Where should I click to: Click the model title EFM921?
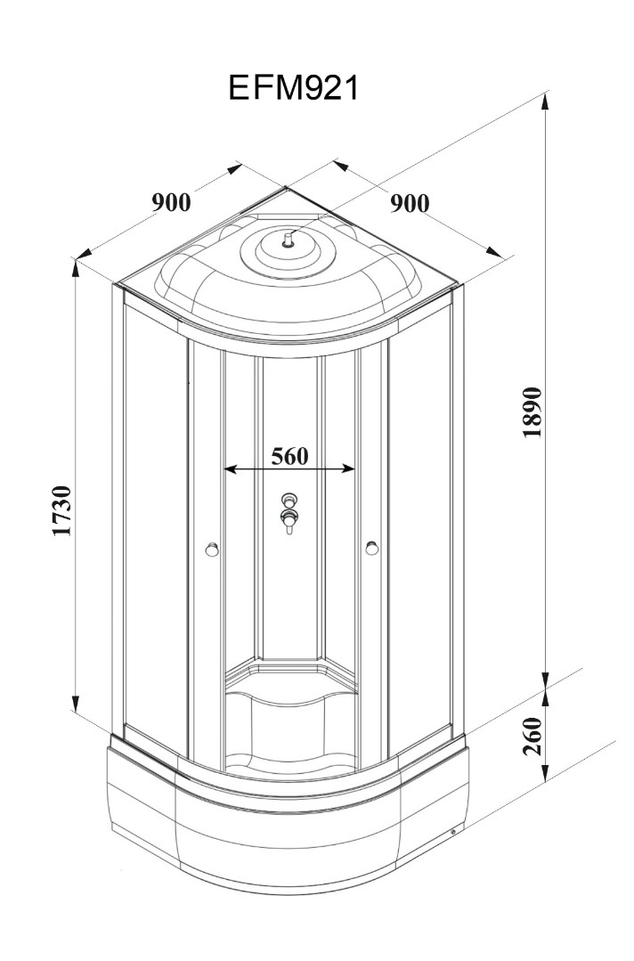[x=293, y=88]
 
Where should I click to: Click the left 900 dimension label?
[x=170, y=202]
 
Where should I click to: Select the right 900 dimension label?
[x=409, y=203]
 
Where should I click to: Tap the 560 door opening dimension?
[x=289, y=456]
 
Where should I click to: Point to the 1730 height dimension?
[x=61, y=512]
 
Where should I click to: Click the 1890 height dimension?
[x=532, y=412]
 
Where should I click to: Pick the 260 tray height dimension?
[x=532, y=736]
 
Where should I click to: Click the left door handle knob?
[x=211, y=549]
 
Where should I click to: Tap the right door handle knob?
[x=371, y=549]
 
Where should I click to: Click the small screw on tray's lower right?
[x=453, y=834]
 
